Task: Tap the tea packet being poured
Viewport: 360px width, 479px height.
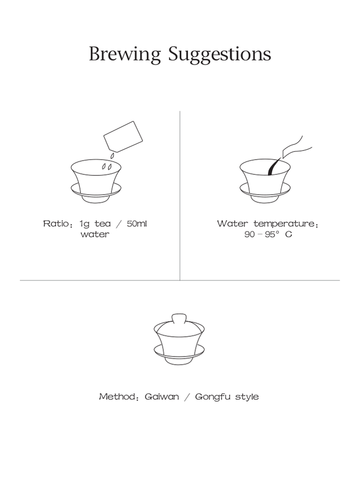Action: click(x=124, y=137)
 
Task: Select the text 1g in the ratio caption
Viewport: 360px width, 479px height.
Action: click(x=85, y=224)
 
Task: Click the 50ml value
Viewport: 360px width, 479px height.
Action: click(x=137, y=223)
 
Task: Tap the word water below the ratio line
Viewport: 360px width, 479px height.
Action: click(x=95, y=235)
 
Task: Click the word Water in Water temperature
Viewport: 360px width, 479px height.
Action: click(x=232, y=223)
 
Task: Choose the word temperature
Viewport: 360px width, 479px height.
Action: click(x=286, y=224)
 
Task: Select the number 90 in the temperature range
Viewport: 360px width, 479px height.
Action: click(x=250, y=235)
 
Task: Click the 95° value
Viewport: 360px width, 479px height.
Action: click(x=272, y=234)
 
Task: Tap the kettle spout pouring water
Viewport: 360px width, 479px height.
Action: click(x=295, y=148)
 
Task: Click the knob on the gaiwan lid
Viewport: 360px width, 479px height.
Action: click(x=179, y=318)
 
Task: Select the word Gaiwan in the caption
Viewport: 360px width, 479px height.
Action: click(x=162, y=397)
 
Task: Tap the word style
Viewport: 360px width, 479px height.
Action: click(x=247, y=397)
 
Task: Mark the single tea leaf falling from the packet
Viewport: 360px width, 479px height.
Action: click(x=112, y=156)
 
